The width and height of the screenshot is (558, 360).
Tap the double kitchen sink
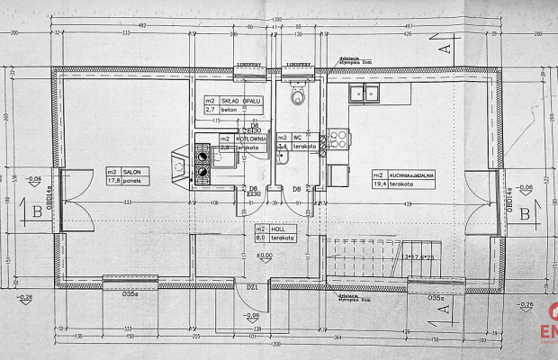[369, 92]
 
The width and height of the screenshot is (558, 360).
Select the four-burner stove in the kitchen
[337, 139]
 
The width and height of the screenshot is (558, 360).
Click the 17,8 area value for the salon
[113, 180]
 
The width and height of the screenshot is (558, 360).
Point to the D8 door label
[297, 188]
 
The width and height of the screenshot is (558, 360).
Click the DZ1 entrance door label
[253, 286]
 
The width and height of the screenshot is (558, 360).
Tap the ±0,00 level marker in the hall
[265, 256]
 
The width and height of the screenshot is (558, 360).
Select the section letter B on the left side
[36, 212]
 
